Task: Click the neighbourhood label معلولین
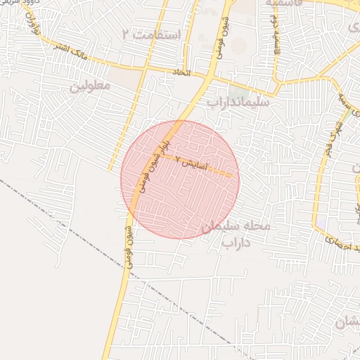click(x=90, y=86)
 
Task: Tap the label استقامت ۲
click(x=151, y=34)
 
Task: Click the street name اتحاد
click(x=181, y=72)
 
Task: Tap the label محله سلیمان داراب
click(x=236, y=234)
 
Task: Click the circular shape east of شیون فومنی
click(x=239, y=46)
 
